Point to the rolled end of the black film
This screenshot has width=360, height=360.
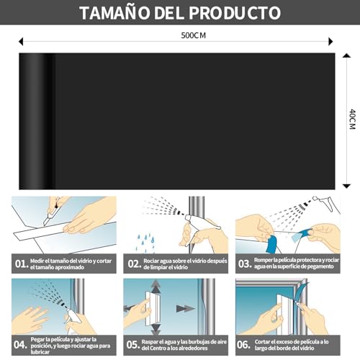click(36, 115)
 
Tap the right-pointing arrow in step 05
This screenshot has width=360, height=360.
click(186, 308)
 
